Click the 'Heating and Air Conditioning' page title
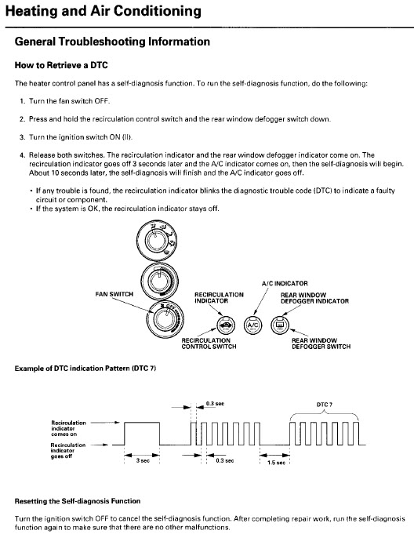point(103,11)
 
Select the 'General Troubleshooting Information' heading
point(112,42)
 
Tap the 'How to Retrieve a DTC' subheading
point(61,65)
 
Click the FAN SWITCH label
point(114,294)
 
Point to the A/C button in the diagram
point(252,325)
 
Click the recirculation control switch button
point(226,325)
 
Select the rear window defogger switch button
point(280,325)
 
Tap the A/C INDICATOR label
point(285,284)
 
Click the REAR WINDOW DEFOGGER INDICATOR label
point(314,298)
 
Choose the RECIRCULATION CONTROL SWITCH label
point(209,343)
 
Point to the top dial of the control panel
point(157,241)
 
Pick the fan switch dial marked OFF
point(165,318)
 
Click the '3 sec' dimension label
point(143,460)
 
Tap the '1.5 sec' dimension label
point(276,463)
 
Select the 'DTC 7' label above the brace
point(325,405)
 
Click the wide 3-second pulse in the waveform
point(142,423)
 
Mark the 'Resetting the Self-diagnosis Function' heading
point(78,501)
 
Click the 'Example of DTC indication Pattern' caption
point(85,369)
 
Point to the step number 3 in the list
point(22,137)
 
